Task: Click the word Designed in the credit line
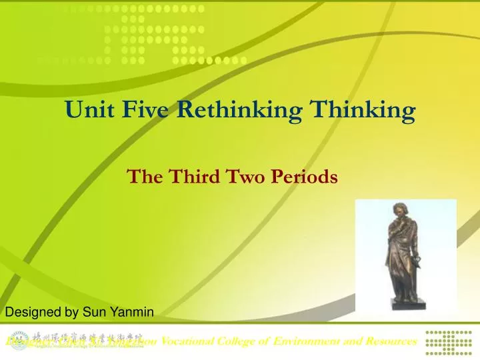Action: pyautogui.click(x=31, y=311)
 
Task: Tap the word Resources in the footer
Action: pyautogui.click(x=389, y=341)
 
